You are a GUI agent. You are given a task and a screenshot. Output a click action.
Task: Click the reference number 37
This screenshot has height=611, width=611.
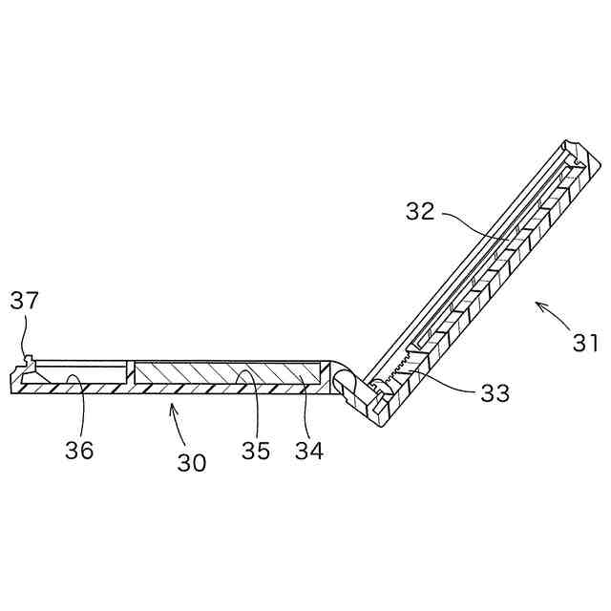point(25,301)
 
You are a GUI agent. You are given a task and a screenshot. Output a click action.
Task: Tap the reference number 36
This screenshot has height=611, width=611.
point(80,450)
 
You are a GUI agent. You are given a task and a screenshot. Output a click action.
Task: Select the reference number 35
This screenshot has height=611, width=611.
point(255,450)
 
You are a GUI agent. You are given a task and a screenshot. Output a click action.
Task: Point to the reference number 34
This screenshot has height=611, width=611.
point(308,450)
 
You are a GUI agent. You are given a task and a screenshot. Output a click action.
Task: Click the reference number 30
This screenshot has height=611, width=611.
point(191,463)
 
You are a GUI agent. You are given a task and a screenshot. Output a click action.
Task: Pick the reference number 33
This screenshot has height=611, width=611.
point(495,392)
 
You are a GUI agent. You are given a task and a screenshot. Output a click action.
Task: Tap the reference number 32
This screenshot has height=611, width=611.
point(420,212)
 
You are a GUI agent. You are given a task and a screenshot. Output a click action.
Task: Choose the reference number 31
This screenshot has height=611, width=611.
point(585,343)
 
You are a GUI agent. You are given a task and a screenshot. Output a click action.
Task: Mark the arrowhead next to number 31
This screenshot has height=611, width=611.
point(540,305)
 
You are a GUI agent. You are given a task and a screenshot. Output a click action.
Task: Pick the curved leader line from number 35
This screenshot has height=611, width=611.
point(246,406)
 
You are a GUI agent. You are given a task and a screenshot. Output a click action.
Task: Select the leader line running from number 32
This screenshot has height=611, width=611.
point(477,229)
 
